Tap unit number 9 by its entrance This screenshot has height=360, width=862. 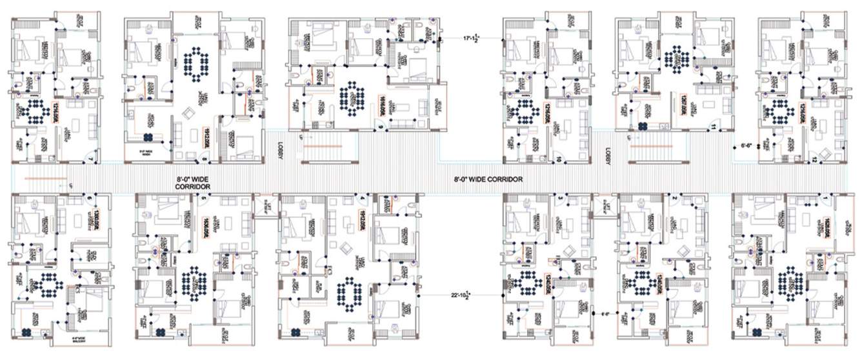tap(381, 128)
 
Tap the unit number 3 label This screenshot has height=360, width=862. tap(560, 197)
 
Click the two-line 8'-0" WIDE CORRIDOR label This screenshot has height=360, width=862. tap(192, 183)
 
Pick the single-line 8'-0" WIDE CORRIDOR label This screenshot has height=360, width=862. tap(488, 179)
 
